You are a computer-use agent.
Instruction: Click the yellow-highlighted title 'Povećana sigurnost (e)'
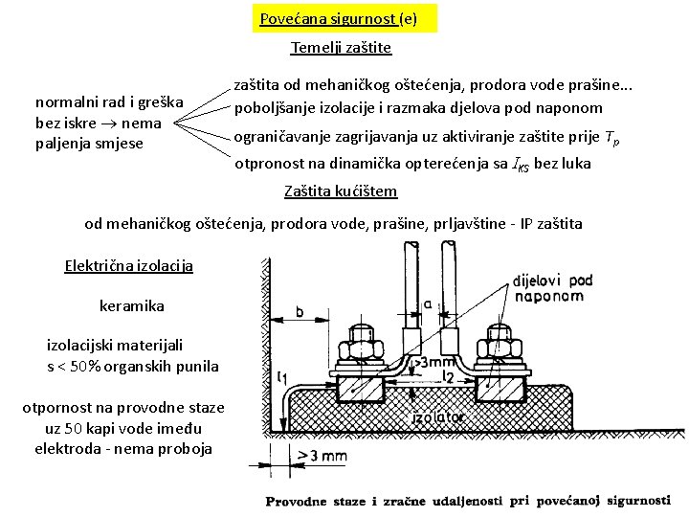[x=338, y=18]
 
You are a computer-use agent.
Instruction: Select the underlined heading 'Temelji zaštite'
[x=341, y=47]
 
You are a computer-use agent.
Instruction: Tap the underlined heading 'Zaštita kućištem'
[x=341, y=191]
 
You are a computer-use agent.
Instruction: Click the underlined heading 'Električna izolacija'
[x=128, y=265]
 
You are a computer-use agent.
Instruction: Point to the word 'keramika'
[x=132, y=305]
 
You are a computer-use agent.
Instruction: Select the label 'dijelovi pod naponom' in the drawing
[x=552, y=287]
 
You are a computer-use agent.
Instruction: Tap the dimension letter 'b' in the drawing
[x=300, y=311]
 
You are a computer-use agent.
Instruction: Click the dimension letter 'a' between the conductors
[x=427, y=303]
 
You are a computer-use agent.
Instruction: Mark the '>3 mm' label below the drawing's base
[x=322, y=456]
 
